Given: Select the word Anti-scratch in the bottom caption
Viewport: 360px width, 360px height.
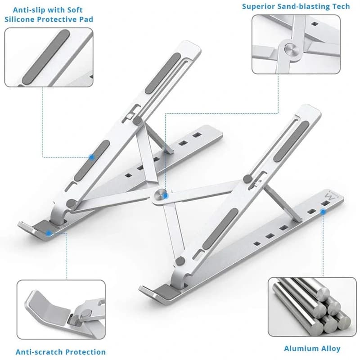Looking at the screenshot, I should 36,352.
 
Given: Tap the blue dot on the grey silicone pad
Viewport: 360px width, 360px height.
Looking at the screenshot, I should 92,157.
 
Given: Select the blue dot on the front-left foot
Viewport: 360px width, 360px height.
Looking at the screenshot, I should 48,233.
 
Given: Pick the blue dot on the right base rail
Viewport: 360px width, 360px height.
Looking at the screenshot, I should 323,210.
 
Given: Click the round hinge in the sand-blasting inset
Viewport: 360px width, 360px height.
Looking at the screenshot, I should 290,49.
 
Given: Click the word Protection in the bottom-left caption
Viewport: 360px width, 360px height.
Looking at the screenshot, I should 85,352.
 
